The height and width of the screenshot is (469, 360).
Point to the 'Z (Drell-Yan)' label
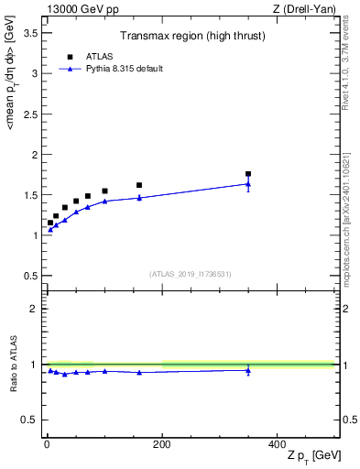[x=309, y=9]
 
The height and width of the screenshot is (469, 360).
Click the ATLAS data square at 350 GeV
[x=248, y=173]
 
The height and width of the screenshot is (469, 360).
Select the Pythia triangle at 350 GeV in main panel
[x=248, y=184]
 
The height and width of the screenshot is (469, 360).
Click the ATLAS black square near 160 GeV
[x=139, y=185]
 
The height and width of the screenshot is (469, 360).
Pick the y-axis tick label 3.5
[x=30, y=33]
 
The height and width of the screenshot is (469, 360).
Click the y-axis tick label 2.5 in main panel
[x=30, y=115]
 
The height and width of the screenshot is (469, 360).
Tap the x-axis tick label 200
[x=162, y=445]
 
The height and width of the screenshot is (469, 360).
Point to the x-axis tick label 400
[x=277, y=445]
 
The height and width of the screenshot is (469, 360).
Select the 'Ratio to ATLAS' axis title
[x=12, y=365]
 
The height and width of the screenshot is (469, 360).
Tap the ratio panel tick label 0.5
[x=30, y=420]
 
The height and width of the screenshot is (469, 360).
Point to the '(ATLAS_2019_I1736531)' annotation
[x=191, y=273]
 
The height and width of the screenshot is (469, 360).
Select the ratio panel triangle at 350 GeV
[x=248, y=370]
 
